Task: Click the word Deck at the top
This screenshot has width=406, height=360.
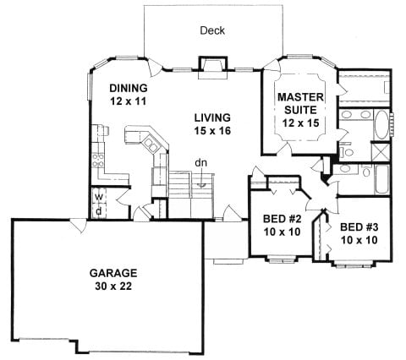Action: pos(211,30)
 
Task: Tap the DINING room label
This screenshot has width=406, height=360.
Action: pos(129,88)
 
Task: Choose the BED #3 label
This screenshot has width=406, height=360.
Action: pos(359,227)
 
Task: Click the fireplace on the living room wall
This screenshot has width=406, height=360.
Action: pos(211,66)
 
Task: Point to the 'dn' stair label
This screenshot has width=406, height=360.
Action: pos(202,164)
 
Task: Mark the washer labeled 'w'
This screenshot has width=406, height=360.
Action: pos(99,198)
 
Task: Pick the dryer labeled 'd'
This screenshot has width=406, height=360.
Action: pos(99,210)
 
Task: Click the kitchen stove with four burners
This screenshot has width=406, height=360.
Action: pos(101,154)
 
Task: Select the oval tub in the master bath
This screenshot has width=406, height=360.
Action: pos(377,126)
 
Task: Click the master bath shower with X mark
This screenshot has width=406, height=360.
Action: pos(381,153)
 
